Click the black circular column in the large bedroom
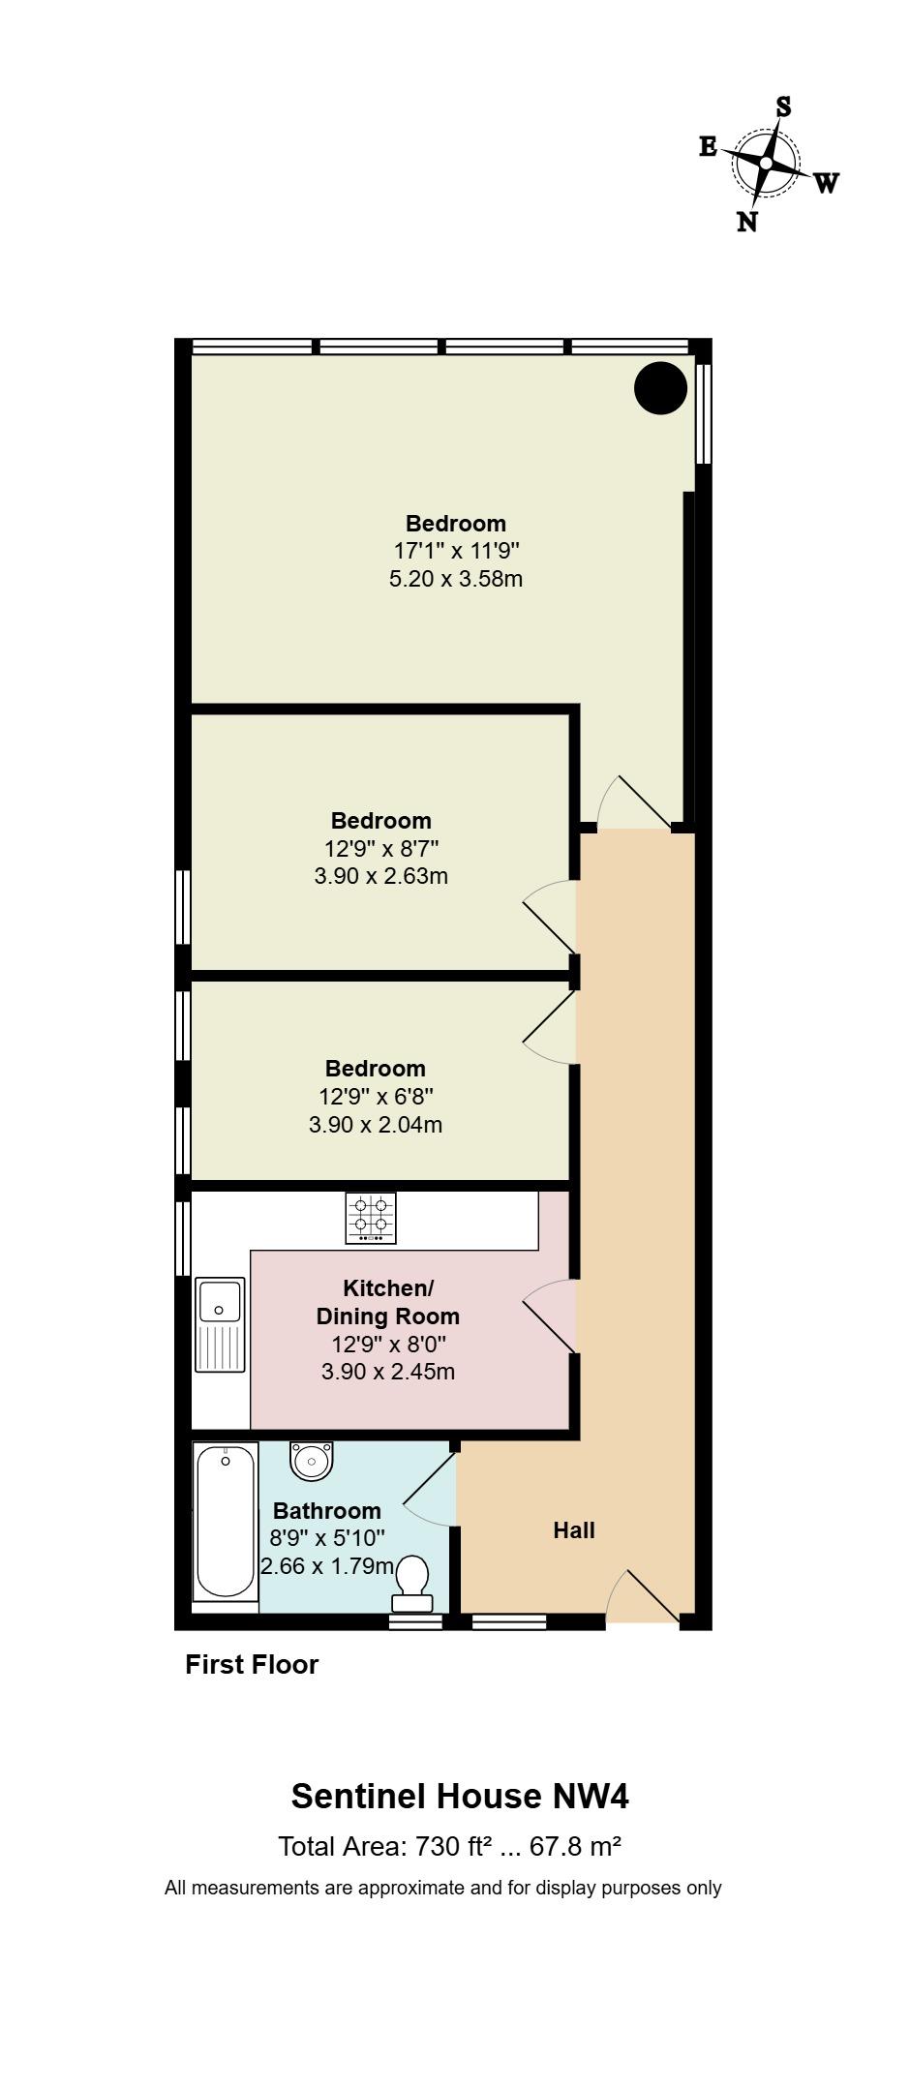pyautogui.click(x=660, y=387)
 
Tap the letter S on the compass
pyautogui.click(x=783, y=107)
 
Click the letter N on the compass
pyautogui.click(x=746, y=223)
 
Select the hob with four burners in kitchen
pyautogui.click(x=371, y=1218)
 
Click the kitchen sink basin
pyautogui.click(x=221, y=1302)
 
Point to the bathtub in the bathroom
pyautogui.click(x=226, y=1522)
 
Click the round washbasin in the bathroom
pyautogui.click(x=311, y=1459)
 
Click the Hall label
pyautogui.click(x=574, y=1530)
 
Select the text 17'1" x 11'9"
pyautogui.click(x=456, y=552)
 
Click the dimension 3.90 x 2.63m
pyautogui.click(x=380, y=877)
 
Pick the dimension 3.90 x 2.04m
pyautogui.click(x=375, y=1125)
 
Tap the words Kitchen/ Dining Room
pyautogui.click(x=387, y=1302)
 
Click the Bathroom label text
pyautogui.click(x=326, y=1511)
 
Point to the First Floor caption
pyautogui.click(x=252, y=1665)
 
